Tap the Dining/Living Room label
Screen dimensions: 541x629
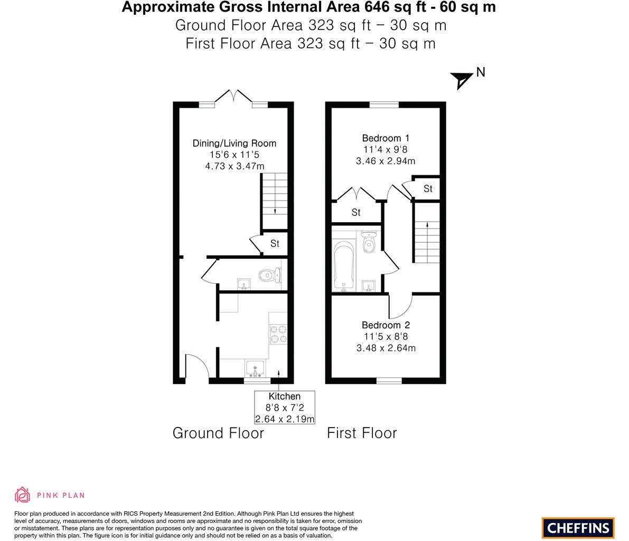point(234,143)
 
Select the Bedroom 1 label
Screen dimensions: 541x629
point(385,138)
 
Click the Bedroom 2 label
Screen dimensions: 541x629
point(386,325)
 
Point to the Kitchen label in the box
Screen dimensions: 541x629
point(284,396)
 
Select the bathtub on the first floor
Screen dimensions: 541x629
point(344,265)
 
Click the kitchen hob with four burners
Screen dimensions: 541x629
point(278,335)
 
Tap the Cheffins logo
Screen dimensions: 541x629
point(578,527)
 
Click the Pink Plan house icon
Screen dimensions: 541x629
point(22,495)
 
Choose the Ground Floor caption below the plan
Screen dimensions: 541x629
point(218,433)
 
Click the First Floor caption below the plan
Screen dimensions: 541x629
point(362,433)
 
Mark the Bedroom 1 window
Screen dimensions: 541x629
point(384,105)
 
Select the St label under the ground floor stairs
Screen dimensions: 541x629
point(275,243)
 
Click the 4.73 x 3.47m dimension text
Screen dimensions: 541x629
point(234,166)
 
